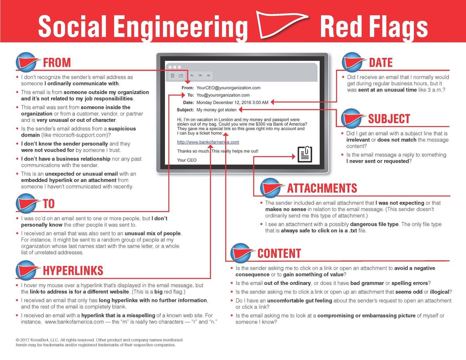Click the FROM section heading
57,62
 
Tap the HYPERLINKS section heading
73,270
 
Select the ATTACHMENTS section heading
322,188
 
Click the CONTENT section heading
279,253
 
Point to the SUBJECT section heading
389,118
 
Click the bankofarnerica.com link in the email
208,142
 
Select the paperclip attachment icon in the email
305,154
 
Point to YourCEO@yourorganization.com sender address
228,88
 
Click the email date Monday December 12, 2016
232,103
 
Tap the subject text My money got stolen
216,110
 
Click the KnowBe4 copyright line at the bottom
99,339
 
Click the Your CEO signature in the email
187,160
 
